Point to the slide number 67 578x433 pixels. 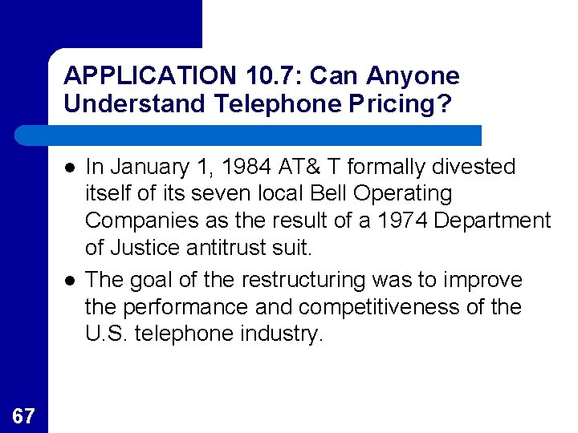pyautogui.click(x=24, y=415)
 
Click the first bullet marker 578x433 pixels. pyautogui.click(x=71, y=168)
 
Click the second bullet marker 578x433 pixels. pyautogui.click(x=71, y=280)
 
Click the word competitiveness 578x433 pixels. pyautogui.click(x=405, y=307)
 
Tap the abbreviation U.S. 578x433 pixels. pyautogui.click(x=106, y=334)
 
